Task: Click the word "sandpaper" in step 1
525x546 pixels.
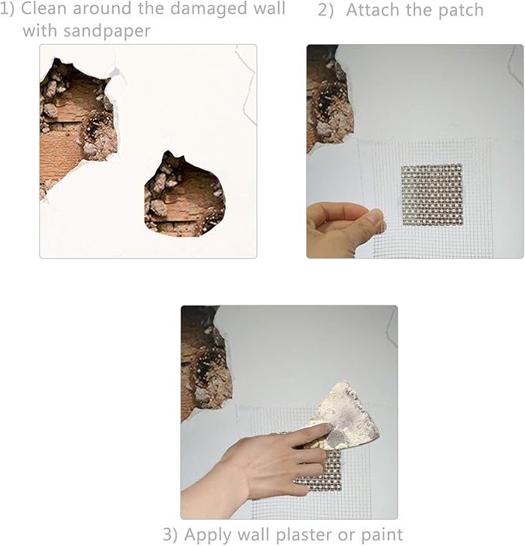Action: click(107, 32)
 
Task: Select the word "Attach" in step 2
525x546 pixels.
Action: click(373, 10)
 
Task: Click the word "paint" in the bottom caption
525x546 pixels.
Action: click(382, 535)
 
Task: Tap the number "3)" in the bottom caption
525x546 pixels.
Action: click(171, 535)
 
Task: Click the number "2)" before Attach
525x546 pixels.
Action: click(326, 11)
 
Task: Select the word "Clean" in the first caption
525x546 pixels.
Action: click(43, 9)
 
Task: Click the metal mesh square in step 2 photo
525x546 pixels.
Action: click(431, 195)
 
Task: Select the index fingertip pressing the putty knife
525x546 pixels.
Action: click(324, 428)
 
